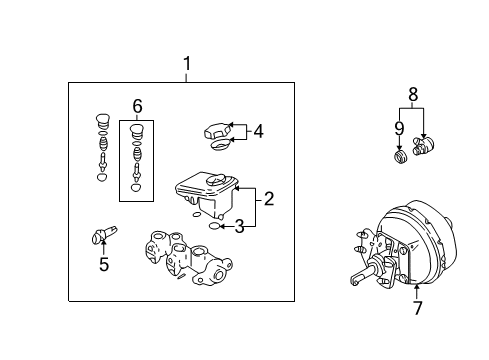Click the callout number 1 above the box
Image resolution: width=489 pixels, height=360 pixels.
185,65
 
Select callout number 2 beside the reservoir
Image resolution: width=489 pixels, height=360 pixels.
268,200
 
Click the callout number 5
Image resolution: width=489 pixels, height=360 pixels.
104,265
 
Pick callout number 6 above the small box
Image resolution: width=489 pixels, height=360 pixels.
137,106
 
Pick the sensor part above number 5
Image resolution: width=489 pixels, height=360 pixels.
100,236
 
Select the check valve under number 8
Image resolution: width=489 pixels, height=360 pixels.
424,150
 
